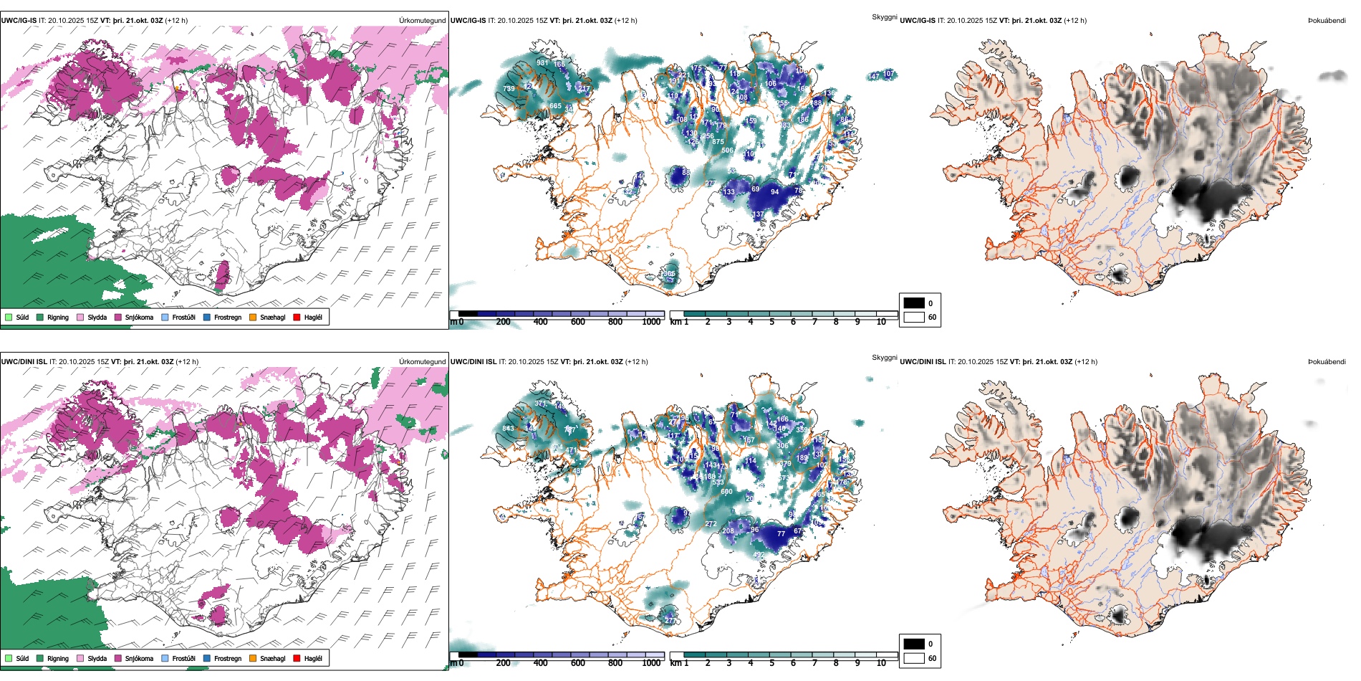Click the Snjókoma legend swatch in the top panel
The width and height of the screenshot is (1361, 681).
click(x=118, y=317)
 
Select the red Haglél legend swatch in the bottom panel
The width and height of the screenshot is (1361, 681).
click(x=297, y=658)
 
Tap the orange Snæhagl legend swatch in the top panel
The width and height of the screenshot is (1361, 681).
click(x=253, y=317)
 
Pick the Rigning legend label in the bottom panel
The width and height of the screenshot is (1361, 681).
click(x=58, y=658)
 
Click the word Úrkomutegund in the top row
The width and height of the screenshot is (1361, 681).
click(x=422, y=21)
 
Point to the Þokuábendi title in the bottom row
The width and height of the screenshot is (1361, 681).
click(x=1327, y=362)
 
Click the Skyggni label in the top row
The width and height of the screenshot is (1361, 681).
click(x=884, y=16)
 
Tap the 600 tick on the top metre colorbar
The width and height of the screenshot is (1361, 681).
click(x=578, y=322)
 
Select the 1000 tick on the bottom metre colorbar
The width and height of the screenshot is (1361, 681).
click(x=651, y=663)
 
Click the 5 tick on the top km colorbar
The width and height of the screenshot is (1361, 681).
click(x=771, y=322)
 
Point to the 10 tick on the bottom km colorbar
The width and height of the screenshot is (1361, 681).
click(x=881, y=663)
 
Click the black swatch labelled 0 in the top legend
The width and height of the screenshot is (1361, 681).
click(x=914, y=303)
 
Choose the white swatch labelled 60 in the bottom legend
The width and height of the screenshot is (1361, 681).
click(x=914, y=658)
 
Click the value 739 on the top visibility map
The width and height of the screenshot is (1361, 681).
click(x=509, y=89)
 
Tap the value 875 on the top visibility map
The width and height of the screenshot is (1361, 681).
click(x=718, y=142)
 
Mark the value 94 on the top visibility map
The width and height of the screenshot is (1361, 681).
click(x=774, y=192)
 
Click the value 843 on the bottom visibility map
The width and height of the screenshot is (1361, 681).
click(x=508, y=429)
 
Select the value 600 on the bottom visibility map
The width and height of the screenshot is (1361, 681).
click(x=726, y=492)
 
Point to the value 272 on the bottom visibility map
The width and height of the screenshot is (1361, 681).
click(x=711, y=524)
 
